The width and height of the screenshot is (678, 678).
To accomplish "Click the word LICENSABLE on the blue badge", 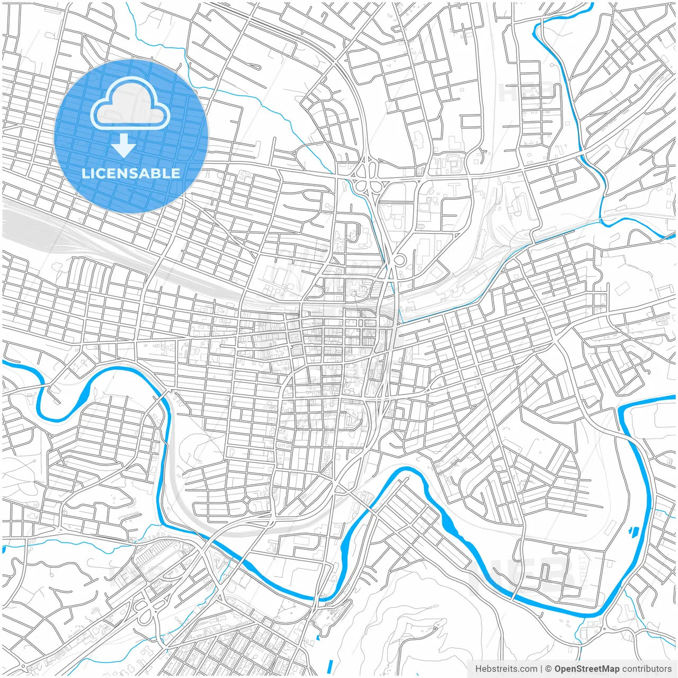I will (131, 173).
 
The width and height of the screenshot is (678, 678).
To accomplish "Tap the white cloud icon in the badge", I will (130, 103).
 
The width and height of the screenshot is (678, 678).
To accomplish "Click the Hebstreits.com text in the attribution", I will (506, 669).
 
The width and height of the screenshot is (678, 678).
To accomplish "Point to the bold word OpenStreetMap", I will (587, 669).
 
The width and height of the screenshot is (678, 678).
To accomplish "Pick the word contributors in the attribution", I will (647, 669).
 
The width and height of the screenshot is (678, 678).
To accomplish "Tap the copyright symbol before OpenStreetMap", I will (548, 669).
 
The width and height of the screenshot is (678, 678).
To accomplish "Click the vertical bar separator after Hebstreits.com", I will (541, 669).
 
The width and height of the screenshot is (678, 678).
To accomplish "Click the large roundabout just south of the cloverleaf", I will (399, 260).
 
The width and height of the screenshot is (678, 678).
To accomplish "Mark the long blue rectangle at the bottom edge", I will (330, 666).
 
